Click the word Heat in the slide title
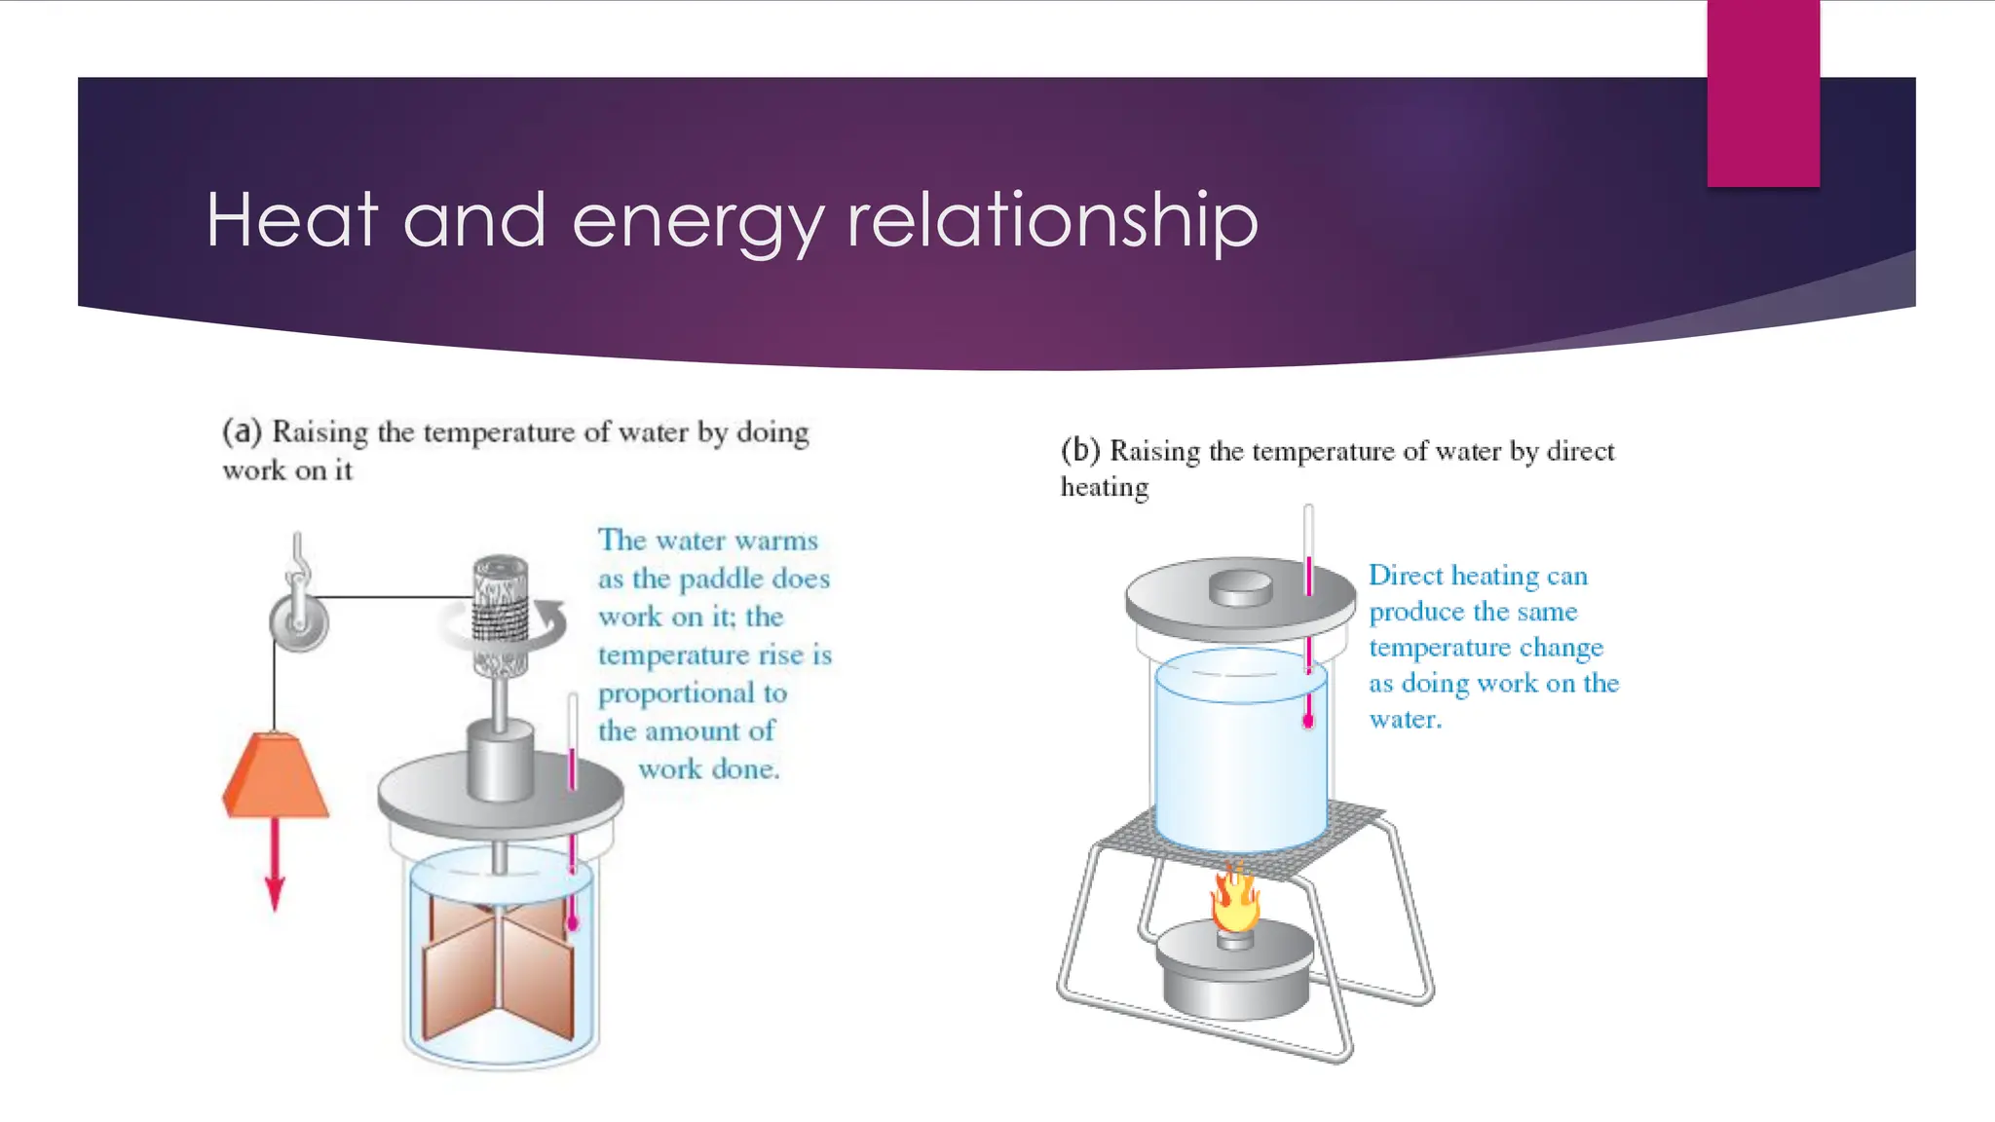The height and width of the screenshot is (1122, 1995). pyautogui.click(x=291, y=220)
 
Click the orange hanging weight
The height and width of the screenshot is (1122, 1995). pyautogui.click(x=275, y=776)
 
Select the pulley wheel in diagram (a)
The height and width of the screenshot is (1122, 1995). pyautogui.click(x=299, y=621)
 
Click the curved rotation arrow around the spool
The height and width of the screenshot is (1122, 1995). pyautogui.click(x=551, y=623)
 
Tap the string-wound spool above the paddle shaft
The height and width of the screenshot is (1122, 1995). pyautogui.click(x=501, y=614)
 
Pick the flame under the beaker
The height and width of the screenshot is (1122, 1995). pyautogui.click(x=1235, y=898)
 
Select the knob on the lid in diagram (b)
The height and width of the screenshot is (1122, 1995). pyautogui.click(x=1240, y=587)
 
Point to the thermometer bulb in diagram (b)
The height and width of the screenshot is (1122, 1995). pyautogui.click(x=1308, y=722)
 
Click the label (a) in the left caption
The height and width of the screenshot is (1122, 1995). pyautogui.click(x=242, y=431)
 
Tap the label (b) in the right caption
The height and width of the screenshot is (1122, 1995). pyautogui.click(x=1080, y=450)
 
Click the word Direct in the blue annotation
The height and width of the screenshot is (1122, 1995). pyautogui.click(x=1406, y=576)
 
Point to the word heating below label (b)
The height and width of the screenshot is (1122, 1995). pyautogui.click(x=1105, y=487)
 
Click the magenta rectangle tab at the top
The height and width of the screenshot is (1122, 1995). pyautogui.click(x=1763, y=93)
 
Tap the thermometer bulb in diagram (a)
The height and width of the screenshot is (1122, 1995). pyautogui.click(x=573, y=921)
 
